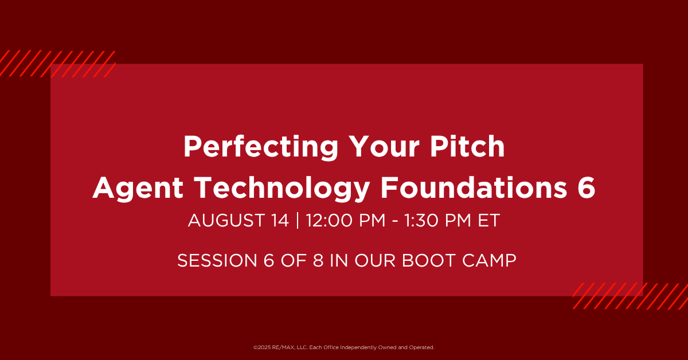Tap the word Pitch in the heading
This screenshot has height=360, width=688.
tap(467, 146)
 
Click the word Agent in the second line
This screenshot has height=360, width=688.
tap(138, 189)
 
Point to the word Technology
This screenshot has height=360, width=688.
tap(282, 189)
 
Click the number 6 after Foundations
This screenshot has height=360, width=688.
tap(587, 187)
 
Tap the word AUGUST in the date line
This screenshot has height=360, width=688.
tap(226, 221)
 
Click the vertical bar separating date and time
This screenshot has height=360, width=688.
tap(298, 221)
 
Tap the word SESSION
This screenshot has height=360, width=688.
tap(217, 260)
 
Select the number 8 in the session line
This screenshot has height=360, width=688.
tap(318, 260)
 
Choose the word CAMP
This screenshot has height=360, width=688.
tap(489, 260)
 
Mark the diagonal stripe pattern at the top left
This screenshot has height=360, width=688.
tap(58, 64)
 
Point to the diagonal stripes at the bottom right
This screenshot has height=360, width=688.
tap(630, 296)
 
